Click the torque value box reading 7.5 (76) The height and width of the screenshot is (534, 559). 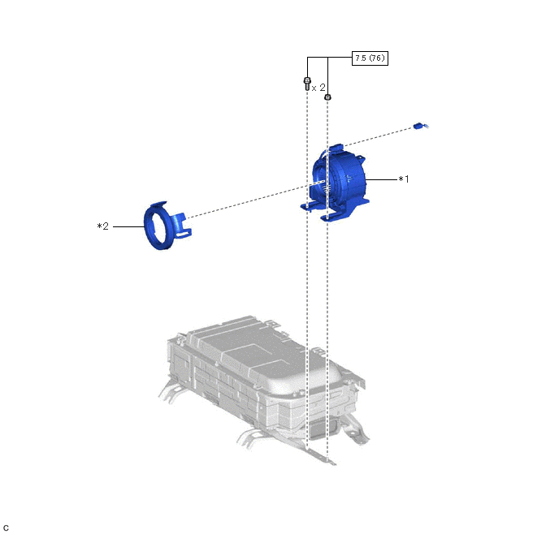coord(370,58)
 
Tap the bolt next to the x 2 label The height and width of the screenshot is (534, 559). coord(307,84)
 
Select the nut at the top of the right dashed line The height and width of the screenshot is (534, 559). coord(328,97)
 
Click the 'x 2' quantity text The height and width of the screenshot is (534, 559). coord(318,87)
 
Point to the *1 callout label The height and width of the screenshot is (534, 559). coord(404,179)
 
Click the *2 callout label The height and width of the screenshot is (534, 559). coord(102,226)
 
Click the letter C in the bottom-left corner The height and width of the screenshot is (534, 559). coord(6,528)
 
